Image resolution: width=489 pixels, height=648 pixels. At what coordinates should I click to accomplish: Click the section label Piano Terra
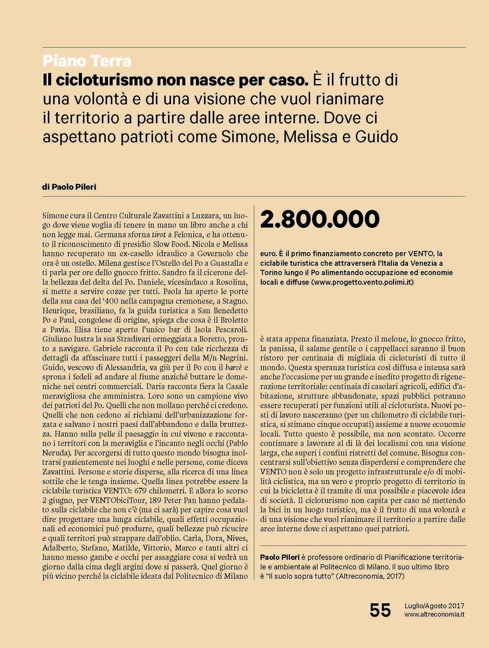[86, 62]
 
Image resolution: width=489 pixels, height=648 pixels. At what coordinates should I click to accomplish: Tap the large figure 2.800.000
[320, 219]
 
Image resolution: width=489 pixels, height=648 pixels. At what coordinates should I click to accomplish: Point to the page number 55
[380, 610]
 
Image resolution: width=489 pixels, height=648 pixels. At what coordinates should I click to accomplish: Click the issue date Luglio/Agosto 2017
[434, 605]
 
